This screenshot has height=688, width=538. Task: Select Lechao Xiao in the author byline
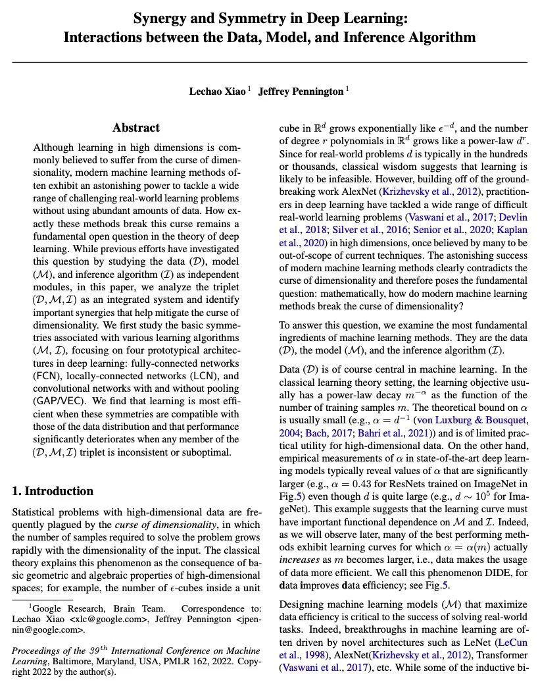point(217,92)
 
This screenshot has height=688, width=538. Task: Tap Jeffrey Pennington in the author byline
point(301,92)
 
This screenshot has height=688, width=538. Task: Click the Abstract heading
point(136,128)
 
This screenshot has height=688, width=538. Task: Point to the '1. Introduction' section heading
point(53,491)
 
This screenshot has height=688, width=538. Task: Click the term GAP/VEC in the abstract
point(62,401)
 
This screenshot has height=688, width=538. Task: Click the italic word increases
point(299,559)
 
